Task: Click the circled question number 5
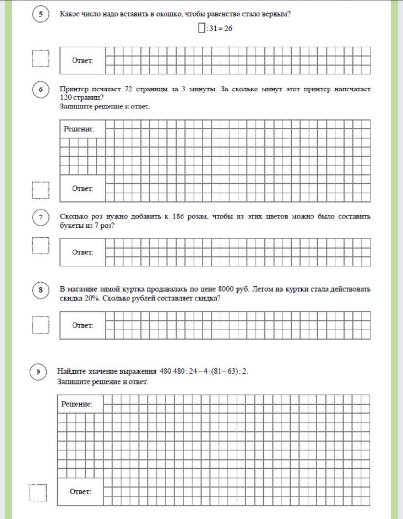(x=41, y=15)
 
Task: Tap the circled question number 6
(x=41, y=90)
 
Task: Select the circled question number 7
(x=41, y=217)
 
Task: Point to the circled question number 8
(x=41, y=290)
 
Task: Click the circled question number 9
(x=38, y=373)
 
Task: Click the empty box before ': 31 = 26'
(x=201, y=28)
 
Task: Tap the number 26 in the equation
(x=228, y=29)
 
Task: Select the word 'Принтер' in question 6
(x=74, y=89)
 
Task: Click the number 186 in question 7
(x=179, y=216)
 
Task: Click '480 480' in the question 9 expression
(x=173, y=372)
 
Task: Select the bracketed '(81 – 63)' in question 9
(x=227, y=372)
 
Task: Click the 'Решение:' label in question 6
(x=79, y=129)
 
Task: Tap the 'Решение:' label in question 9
(x=76, y=404)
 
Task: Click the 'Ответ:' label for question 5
(x=82, y=61)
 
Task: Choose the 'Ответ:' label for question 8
(x=82, y=325)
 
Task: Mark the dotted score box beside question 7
(x=40, y=246)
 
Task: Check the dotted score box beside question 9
(x=38, y=493)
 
